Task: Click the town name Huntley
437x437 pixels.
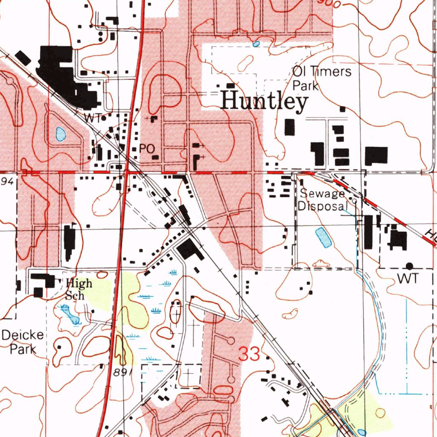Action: (x=265, y=102)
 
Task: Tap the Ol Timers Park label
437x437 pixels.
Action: (x=322, y=78)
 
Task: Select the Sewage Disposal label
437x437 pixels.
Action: (x=322, y=200)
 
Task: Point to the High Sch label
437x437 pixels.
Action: (x=79, y=288)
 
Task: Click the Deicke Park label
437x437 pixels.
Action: (x=22, y=342)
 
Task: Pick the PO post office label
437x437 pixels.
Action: (x=146, y=149)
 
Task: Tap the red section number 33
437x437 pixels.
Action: (x=249, y=354)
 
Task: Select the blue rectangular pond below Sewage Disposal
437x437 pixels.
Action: (x=323, y=237)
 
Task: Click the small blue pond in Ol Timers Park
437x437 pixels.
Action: (x=256, y=44)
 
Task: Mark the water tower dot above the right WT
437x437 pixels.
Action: (x=410, y=266)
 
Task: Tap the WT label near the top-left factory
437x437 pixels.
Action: (x=91, y=118)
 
